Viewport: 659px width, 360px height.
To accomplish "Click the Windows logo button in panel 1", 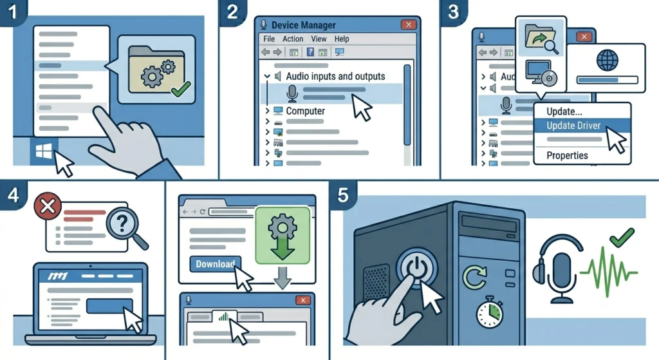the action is (x=44, y=151).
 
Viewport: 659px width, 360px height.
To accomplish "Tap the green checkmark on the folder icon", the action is (x=181, y=89).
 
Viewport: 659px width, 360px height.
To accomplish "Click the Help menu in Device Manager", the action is (x=342, y=39).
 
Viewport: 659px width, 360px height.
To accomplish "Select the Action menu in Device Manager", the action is (x=293, y=39).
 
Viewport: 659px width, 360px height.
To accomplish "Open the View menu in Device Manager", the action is (x=319, y=39).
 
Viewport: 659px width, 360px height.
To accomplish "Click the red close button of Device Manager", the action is (x=408, y=24).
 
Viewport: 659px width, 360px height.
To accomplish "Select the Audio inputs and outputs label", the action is (x=335, y=76).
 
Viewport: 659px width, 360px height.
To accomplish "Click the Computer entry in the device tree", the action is (x=306, y=111).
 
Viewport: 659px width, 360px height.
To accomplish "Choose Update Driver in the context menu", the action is (x=573, y=126).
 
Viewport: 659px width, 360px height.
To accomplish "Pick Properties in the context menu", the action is (x=567, y=155).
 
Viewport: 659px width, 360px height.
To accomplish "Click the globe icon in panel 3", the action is (x=608, y=60).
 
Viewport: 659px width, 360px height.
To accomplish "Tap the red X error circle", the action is (x=48, y=206).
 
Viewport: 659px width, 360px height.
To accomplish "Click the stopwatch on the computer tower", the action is (x=490, y=312).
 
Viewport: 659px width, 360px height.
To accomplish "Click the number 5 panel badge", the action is (x=343, y=195).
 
